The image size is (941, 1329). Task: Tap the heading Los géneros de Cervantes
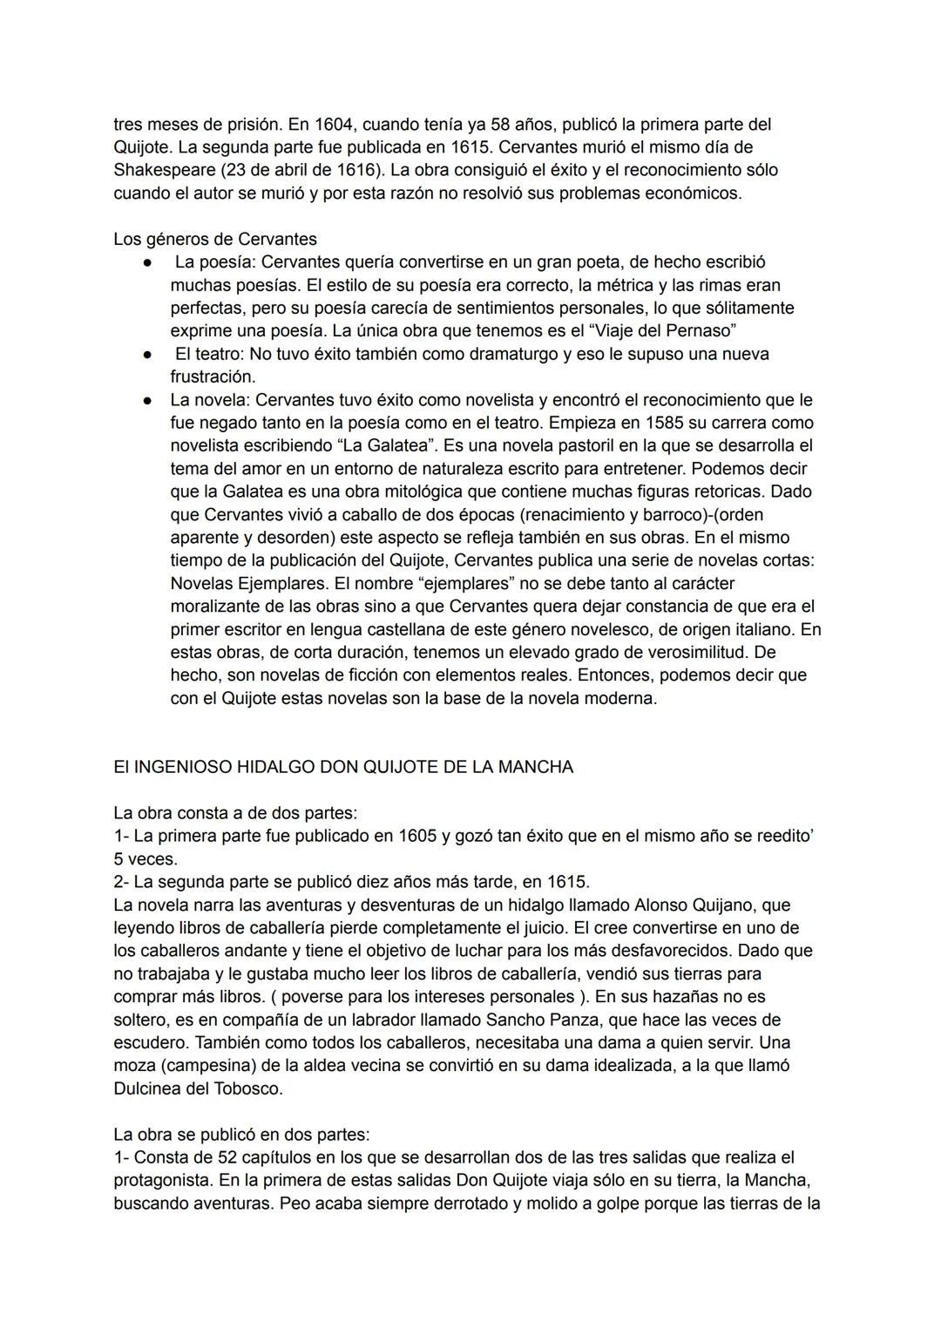tap(215, 239)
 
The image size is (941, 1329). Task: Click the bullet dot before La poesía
tap(149, 262)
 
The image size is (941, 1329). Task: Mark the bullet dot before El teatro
tap(149, 355)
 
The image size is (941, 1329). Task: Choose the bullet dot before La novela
tap(149, 400)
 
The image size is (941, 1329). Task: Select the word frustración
tap(213, 377)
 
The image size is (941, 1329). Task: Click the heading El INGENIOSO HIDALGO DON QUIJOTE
tap(343, 768)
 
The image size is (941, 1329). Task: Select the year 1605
tap(418, 836)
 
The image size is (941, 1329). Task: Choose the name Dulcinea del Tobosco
tap(198, 1088)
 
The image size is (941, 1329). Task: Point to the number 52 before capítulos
tap(198, 1157)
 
